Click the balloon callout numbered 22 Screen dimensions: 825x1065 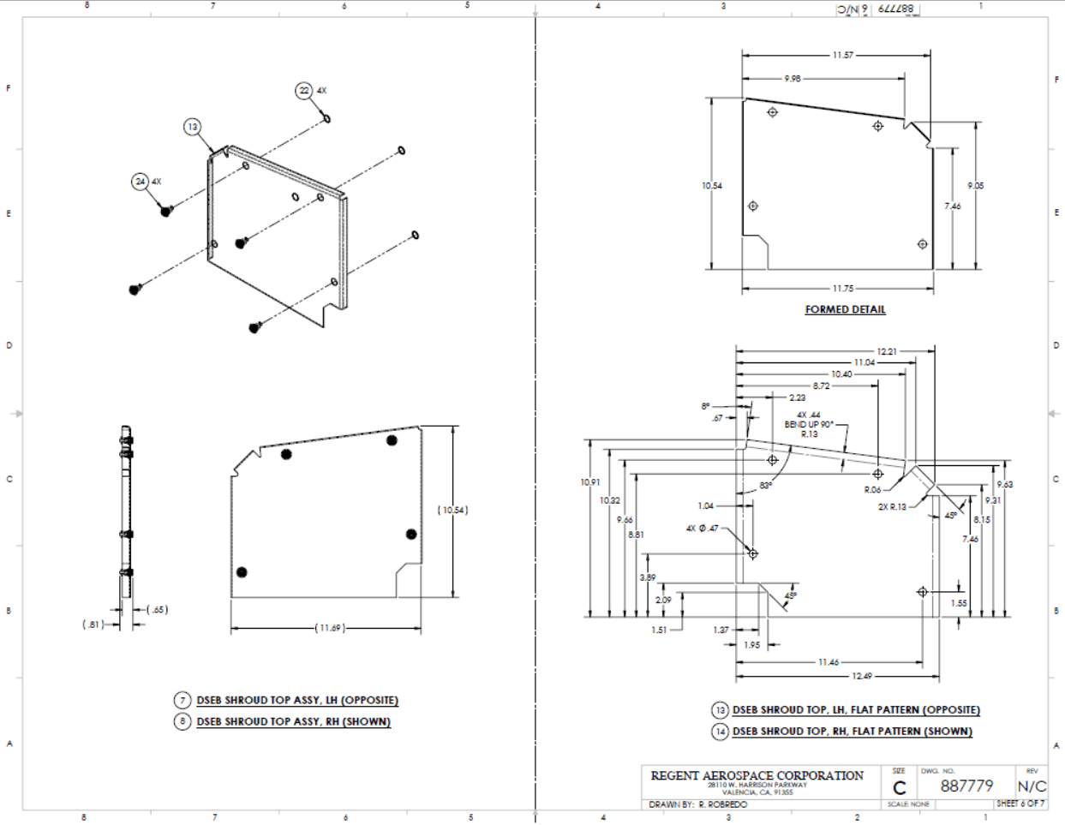pos(304,91)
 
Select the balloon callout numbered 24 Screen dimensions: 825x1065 pos(140,182)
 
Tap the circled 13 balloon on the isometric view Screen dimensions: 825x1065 pos(193,127)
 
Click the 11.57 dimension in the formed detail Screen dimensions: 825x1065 pos(842,56)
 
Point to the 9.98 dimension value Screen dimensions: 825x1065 pos(793,79)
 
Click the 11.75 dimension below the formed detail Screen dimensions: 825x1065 pos(842,289)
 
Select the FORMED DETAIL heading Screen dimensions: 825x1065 pos(845,309)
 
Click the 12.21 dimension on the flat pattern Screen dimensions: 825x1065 pos(887,351)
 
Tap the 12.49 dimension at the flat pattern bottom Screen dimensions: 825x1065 pos(862,676)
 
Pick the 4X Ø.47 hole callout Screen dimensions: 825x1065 pos(702,529)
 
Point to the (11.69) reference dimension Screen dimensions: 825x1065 pos(330,628)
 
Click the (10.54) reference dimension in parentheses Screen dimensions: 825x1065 pos(452,511)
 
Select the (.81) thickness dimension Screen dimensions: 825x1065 pos(92,625)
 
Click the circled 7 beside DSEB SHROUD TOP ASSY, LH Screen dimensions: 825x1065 pos(182,700)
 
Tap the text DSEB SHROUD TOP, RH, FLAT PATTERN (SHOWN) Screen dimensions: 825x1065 pos(853,732)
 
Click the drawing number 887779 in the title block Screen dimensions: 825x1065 pos(966,786)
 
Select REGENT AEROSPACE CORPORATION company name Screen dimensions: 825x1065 pos(757,775)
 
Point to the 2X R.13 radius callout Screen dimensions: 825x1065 pos(892,506)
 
